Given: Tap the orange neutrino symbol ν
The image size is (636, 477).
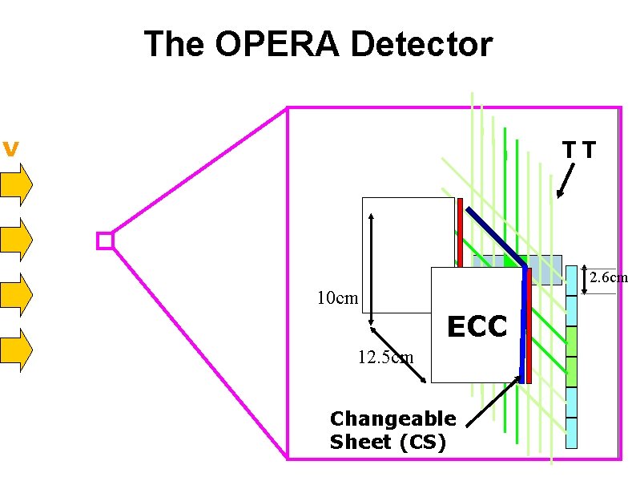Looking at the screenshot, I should [10, 149].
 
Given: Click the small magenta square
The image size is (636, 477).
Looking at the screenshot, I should [105, 241].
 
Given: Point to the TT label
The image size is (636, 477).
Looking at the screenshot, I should [579, 150].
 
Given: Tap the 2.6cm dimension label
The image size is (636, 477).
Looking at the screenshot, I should [608, 278].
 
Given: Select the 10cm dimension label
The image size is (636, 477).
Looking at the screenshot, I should [337, 299].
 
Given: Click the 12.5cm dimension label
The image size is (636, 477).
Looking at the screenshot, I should [385, 357].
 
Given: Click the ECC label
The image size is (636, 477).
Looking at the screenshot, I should [477, 327].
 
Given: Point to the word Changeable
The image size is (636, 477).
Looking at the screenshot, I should [392, 418].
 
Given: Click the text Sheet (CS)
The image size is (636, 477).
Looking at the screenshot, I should [387, 441].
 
